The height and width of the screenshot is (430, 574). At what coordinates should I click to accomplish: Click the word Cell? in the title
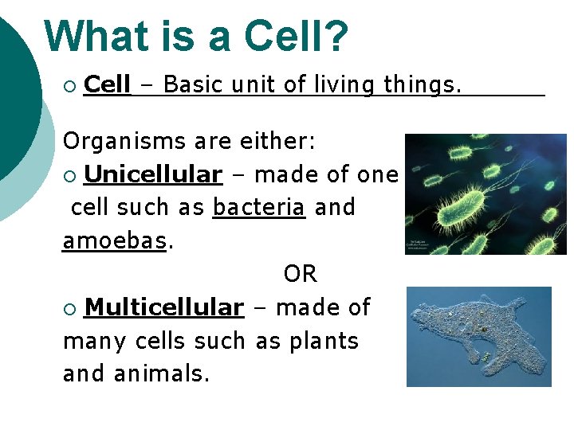[x=297, y=37]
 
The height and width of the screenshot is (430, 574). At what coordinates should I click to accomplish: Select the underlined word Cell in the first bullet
[x=107, y=84]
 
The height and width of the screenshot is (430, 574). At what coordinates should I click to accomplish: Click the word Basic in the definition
[x=194, y=84]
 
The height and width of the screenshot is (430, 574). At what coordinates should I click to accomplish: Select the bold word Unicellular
[x=152, y=174]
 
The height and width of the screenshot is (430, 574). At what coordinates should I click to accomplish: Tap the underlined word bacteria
[x=259, y=208]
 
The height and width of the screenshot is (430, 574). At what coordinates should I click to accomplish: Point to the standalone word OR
[x=300, y=275]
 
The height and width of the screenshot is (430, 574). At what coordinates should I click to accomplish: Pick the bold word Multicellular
[x=163, y=307]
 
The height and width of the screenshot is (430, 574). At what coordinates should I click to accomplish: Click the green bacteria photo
[x=486, y=193]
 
